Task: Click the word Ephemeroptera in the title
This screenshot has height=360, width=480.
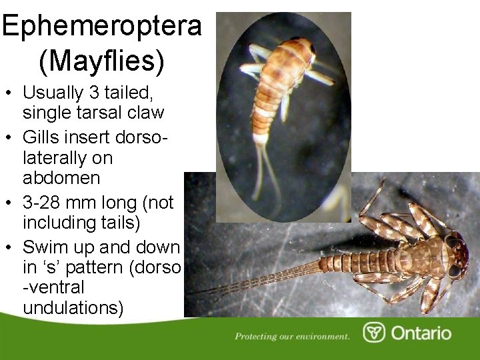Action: point(101,25)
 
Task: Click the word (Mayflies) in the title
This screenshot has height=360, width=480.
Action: point(101,61)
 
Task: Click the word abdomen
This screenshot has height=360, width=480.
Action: point(61,178)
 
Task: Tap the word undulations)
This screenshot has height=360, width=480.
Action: point(73,308)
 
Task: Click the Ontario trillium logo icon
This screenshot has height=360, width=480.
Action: point(373,333)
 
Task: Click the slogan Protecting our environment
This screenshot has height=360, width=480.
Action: point(292,336)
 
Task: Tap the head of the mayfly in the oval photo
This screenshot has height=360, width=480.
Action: point(303,50)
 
